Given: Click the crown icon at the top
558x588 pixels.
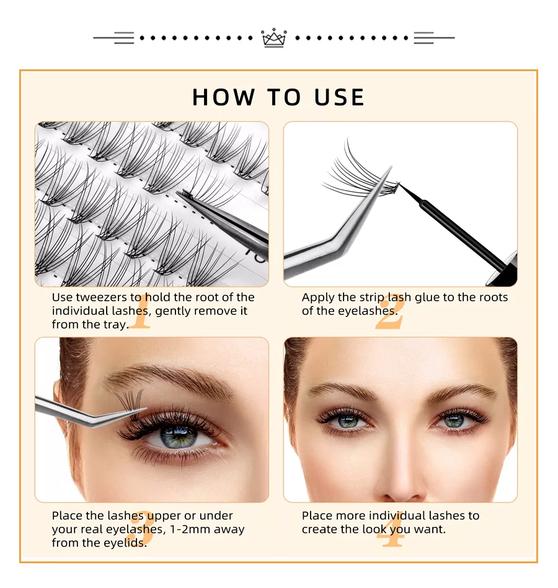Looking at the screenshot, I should [273, 38].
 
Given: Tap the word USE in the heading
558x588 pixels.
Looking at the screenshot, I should [339, 97].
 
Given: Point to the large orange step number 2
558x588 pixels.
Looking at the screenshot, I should [389, 311].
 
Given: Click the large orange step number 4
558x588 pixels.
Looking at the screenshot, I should [390, 529].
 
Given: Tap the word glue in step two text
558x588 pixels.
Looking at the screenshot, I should [427, 298].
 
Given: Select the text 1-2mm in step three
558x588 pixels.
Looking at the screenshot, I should [187, 530].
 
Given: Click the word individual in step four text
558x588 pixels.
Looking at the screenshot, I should [396, 516].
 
